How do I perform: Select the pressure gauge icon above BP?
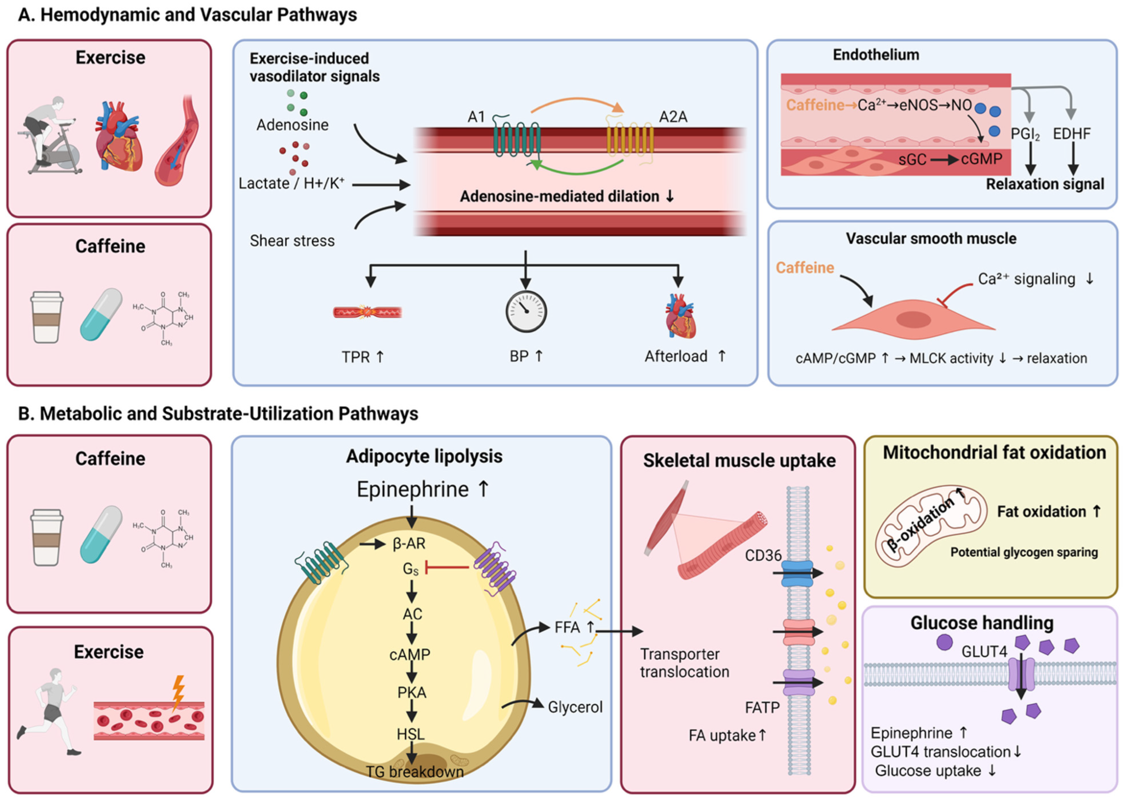[x=526, y=312]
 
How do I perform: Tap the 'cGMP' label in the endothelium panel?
[x=982, y=159]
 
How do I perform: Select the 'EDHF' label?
[x=1072, y=134]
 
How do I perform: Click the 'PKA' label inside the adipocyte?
[x=412, y=693]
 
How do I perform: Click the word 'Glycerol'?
[x=575, y=707]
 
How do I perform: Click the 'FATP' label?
[x=762, y=708]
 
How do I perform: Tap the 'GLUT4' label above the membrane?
[x=984, y=651]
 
